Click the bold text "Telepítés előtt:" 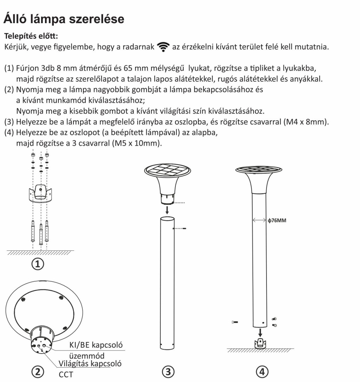point(31,36)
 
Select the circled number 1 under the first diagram point(38,264)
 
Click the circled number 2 point(38,371)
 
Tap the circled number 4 point(261,371)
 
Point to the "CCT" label point(66,374)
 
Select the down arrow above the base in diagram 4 point(260,332)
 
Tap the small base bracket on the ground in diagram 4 point(260,343)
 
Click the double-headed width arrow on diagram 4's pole point(259,220)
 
